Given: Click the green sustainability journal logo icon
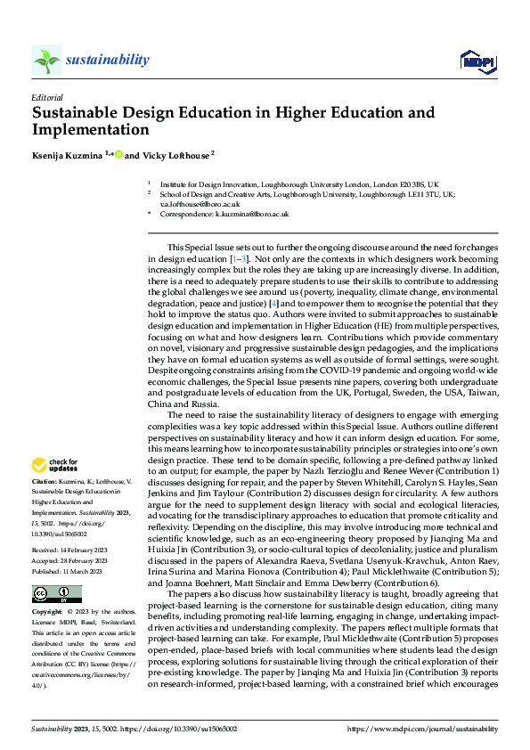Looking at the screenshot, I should [x=46, y=61].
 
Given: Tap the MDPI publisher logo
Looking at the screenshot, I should [x=477, y=61].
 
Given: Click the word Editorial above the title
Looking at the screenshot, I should [x=47, y=97].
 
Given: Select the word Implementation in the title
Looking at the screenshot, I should [x=90, y=129].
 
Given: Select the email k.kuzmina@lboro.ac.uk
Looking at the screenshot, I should [x=252, y=214].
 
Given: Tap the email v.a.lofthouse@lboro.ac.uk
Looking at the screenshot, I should [x=200, y=203].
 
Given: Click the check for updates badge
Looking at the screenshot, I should [x=55, y=465].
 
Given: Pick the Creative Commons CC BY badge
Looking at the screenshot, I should [x=56, y=594].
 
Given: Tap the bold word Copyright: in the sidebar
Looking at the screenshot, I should [x=49, y=613].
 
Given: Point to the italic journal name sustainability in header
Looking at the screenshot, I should [x=106, y=60].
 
